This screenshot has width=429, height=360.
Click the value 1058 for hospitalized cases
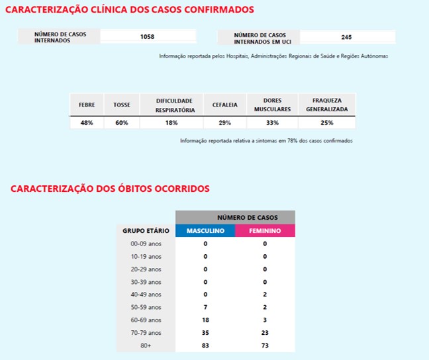(148, 37)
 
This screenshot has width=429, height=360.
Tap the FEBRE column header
(87, 105)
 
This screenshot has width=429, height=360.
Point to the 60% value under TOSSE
(121, 123)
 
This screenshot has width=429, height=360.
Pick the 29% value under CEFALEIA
(224, 123)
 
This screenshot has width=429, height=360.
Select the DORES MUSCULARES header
(272, 105)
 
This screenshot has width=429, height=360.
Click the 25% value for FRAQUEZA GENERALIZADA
(327, 123)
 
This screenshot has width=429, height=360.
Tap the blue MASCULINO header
(205, 231)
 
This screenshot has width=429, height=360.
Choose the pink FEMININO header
(265, 231)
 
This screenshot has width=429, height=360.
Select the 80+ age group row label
(146, 345)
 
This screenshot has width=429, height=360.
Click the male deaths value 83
(205, 345)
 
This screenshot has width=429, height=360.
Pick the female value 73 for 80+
(265, 345)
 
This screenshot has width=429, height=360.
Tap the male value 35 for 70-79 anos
(205, 332)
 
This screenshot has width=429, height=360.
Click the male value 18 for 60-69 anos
(205, 320)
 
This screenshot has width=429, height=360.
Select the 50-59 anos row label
(146, 307)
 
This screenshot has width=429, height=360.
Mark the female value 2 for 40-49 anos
(265, 294)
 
